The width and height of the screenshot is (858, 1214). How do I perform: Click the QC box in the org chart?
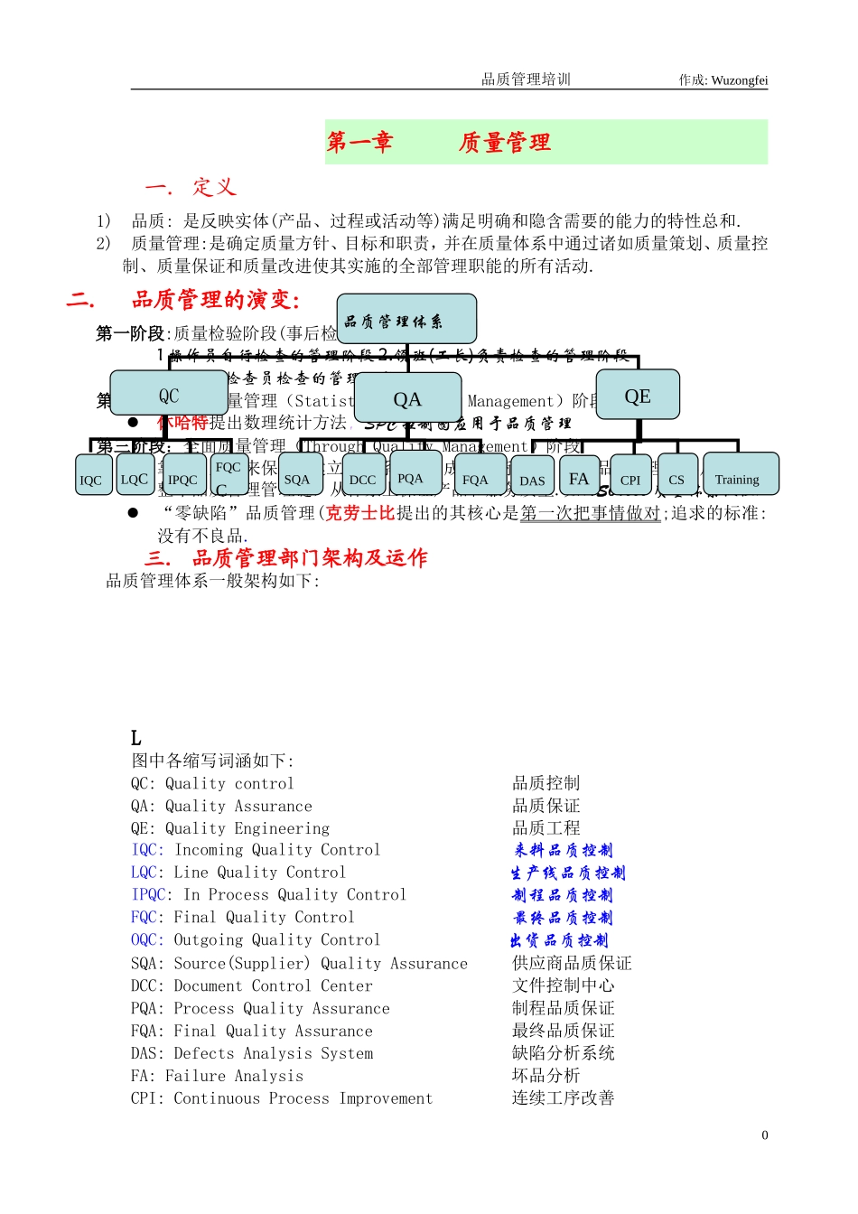tap(169, 394)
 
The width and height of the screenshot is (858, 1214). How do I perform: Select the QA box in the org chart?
tap(407, 398)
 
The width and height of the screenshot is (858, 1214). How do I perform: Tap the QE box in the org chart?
tap(638, 396)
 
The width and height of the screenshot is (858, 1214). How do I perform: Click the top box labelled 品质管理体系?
tap(406, 320)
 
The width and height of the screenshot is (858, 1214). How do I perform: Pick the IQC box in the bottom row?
tap(91, 477)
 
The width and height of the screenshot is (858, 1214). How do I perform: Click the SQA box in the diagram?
tap(298, 477)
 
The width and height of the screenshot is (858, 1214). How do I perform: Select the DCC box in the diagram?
tap(362, 477)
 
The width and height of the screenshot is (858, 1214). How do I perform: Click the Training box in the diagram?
tap(738, 476)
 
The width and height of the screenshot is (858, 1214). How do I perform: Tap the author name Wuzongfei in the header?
tap(740, 80)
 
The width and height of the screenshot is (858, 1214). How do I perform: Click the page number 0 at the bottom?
tap(765, 1135)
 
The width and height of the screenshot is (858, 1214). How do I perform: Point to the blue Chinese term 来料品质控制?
tap(564, 850)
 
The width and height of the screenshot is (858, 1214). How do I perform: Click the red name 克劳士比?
tap(360, 513)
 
